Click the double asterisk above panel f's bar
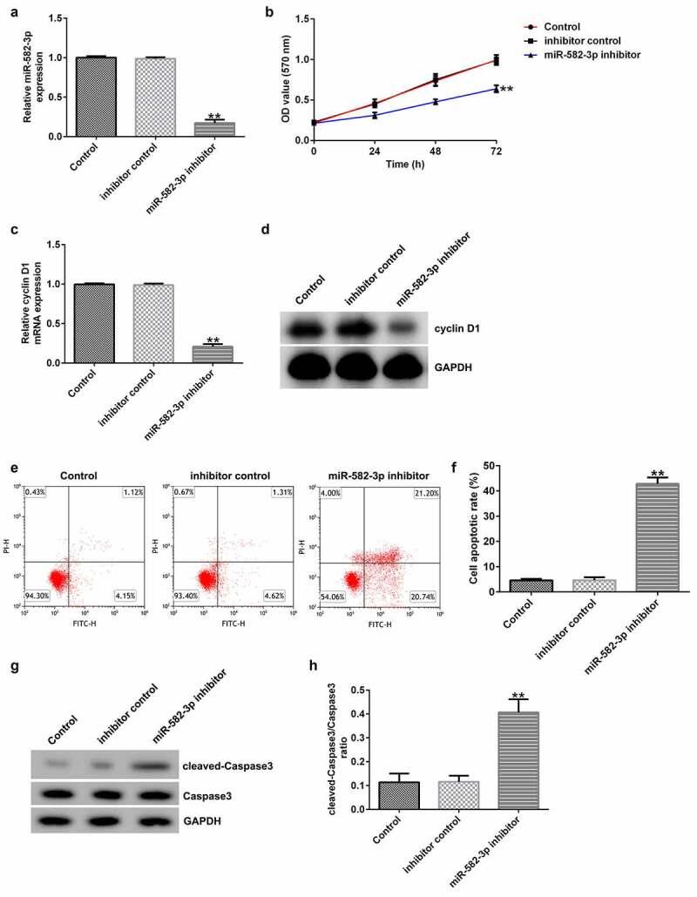[x=615, y=474]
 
